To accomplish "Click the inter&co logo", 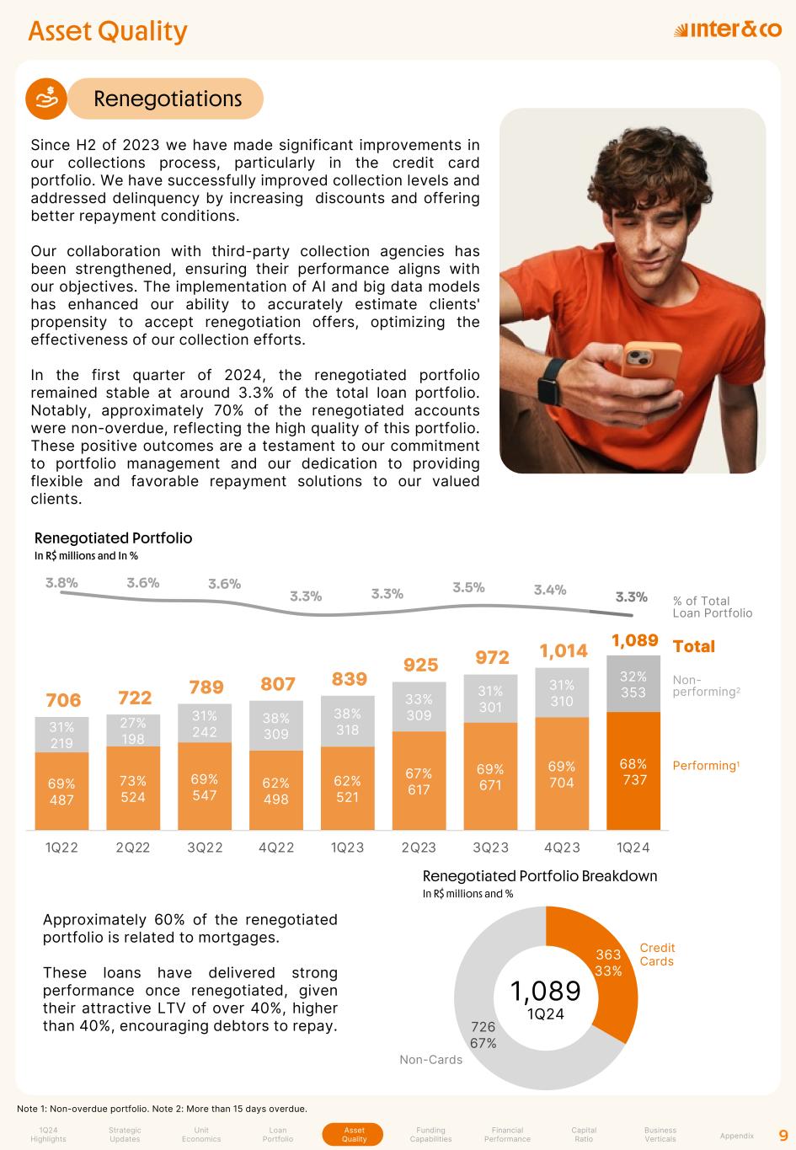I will click(728, 30).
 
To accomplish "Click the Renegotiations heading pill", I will click(167, 99).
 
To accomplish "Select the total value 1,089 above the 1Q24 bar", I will click(634, 640).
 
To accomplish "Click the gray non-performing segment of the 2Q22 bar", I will click(133, 730).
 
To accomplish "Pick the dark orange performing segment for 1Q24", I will click(633, 771).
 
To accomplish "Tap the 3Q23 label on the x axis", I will click(490, 848).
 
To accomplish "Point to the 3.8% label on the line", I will click(61, 582).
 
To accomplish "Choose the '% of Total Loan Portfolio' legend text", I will click(713, 607).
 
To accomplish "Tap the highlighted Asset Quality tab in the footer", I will click(354, 1134).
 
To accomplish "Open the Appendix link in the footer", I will click(737, 1136).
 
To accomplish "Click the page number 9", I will click(783, 1135).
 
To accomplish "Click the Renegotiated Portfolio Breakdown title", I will click(539, 876).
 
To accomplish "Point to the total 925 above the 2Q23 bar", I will click(420, 666).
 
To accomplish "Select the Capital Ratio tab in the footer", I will click(584, 1134).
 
